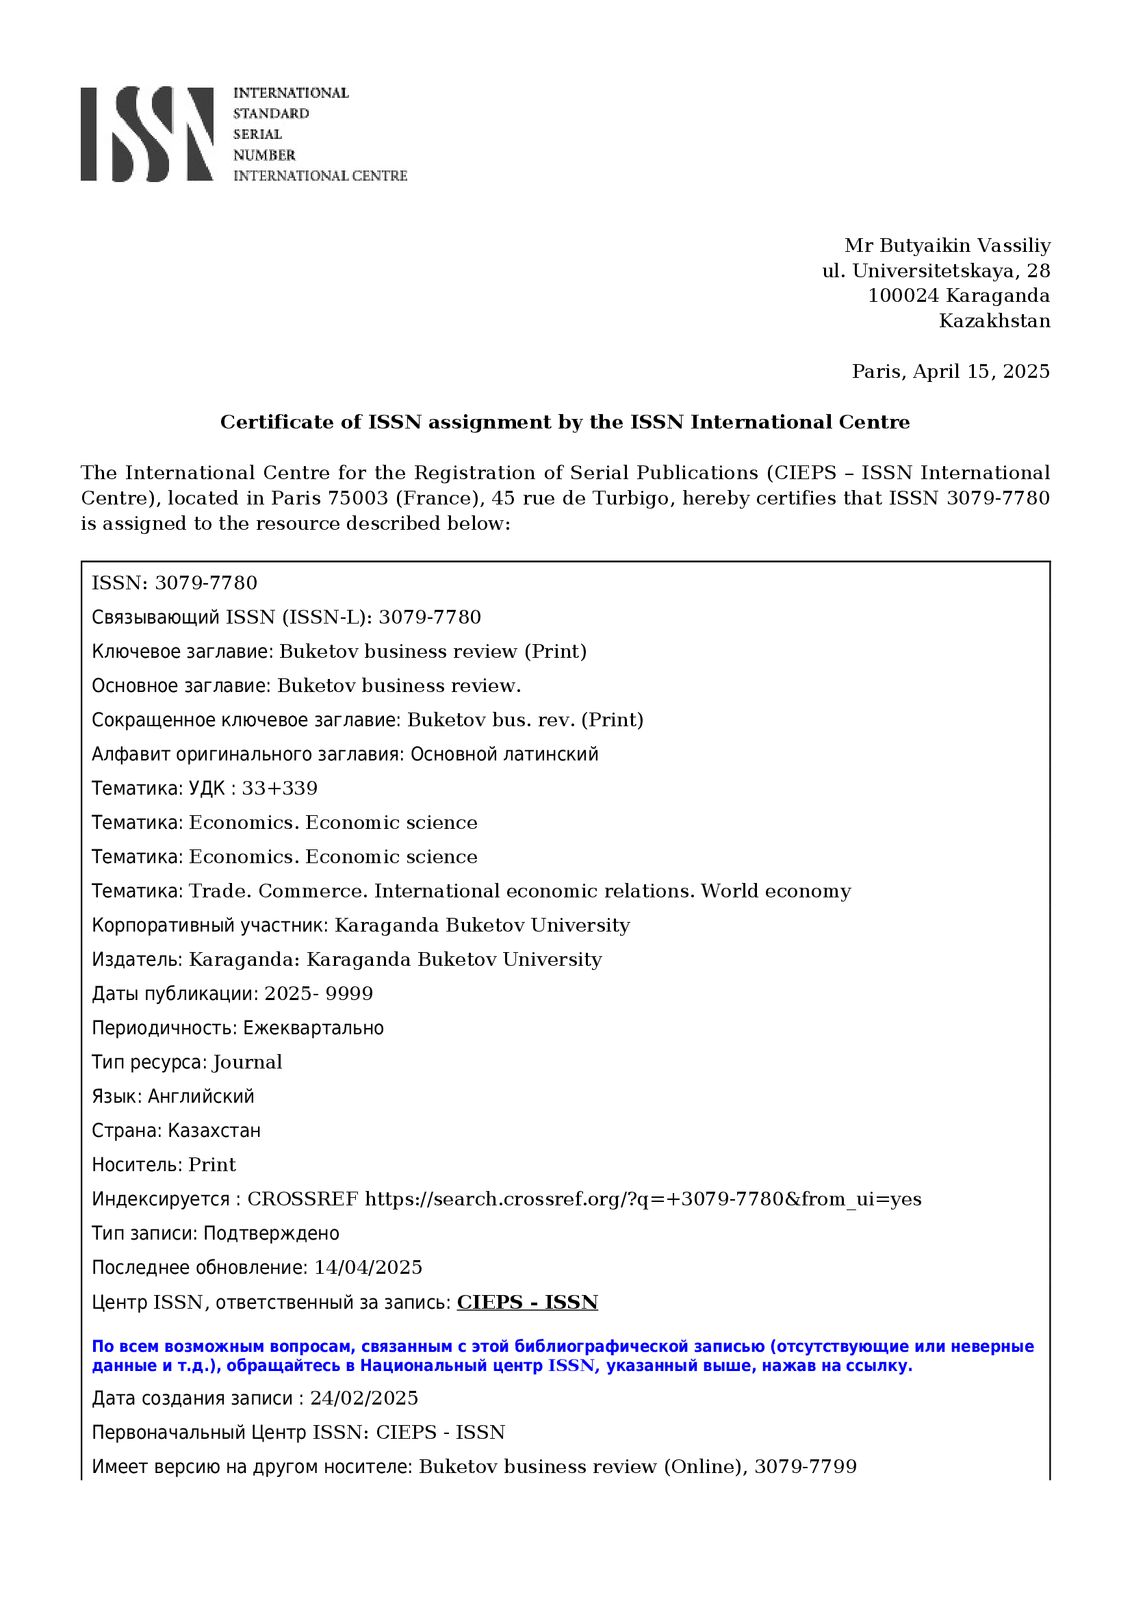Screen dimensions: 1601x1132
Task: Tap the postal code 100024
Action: (x=903, y=296)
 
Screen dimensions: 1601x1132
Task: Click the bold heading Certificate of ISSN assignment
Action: (x=565, y=422)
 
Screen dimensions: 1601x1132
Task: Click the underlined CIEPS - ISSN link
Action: (x=527, y=1303)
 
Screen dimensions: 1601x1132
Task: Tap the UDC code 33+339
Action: (x=279, y=789)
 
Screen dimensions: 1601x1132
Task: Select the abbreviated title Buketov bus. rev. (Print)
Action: (x=525, y=720)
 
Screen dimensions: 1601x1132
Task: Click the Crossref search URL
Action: (x=643, y=1199)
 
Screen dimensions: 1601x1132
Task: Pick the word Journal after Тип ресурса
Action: (x=248, y=1063)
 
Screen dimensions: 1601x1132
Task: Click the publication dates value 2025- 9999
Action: (x=318, y=994)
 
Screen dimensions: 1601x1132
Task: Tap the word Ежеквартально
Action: (x=313, y=1029)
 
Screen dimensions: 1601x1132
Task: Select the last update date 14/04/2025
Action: (x=368, y=1268)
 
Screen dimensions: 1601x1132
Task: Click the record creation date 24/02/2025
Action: (x=364, y=1398)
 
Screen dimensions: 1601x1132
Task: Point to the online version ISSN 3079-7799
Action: (x=805, y=1467)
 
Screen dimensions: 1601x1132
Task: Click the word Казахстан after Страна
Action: (x=214, y=1131)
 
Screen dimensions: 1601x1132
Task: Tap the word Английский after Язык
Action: (x=201, y=1097)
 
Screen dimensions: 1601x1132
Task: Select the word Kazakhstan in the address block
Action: (x=994, y=322)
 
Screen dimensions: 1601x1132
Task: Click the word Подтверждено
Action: (x=271, y=1233)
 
